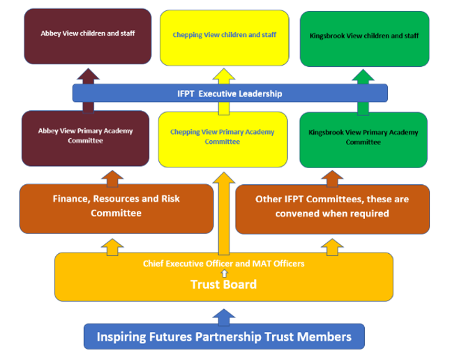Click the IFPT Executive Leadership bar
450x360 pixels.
230,93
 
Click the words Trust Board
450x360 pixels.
223,285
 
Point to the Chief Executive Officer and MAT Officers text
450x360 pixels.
223,264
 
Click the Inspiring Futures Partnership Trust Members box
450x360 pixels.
223,336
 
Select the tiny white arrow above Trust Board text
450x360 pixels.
223,273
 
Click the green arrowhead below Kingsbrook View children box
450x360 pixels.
363,76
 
